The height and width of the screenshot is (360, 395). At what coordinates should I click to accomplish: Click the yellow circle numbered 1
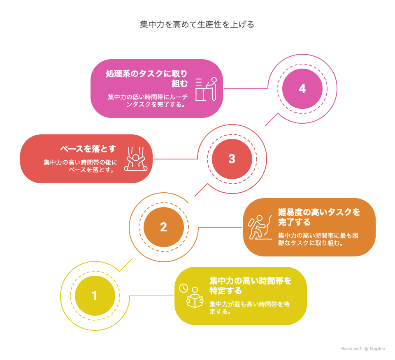pos(95,295)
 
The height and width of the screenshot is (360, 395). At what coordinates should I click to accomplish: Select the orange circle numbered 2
pos(163,227)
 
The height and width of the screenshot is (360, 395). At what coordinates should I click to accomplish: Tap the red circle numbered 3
pos(232,159)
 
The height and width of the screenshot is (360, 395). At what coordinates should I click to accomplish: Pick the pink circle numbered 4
pos(302,88)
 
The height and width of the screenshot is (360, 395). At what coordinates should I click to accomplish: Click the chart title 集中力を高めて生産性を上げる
pos(197,25)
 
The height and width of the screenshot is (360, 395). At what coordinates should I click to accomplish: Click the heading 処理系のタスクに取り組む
pos(146,78)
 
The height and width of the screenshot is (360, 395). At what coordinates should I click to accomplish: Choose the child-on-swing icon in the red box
pos(136,159)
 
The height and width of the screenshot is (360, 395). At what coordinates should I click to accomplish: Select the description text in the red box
pos(81,166)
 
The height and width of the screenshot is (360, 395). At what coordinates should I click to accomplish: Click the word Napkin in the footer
pos(377,348)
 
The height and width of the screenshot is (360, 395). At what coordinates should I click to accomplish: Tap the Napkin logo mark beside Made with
pos(366,349)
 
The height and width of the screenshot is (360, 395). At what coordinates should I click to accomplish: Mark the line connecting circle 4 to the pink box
pos(245,88)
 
